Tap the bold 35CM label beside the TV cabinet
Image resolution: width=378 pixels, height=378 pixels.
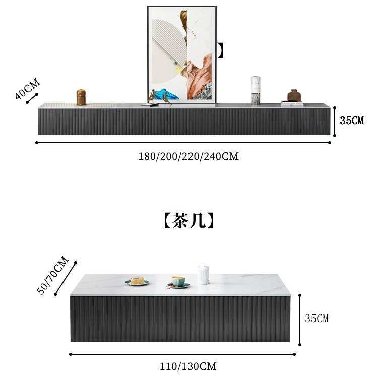click(351, 121)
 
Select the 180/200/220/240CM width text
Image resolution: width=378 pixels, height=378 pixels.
click(188, 156)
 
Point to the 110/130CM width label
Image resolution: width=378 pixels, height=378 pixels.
click(188, 366)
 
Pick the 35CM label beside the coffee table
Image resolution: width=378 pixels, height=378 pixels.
click(317, 319)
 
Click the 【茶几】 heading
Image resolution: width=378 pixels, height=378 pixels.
click(188, 220)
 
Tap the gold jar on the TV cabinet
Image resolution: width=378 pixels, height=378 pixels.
click(81, 97)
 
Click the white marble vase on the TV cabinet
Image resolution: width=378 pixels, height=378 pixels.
click(256, 91)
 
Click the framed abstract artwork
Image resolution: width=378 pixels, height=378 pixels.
click(181, 53)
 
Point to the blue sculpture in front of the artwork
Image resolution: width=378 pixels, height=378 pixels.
click(165, 95)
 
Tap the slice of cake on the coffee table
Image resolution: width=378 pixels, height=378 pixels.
click(137, 281)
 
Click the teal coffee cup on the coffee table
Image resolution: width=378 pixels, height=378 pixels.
click(178, 281)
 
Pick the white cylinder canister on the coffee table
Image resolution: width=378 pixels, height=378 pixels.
click(203, 275)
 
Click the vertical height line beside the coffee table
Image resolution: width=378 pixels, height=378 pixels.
click(300, 320)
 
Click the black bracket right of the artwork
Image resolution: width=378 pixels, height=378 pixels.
click(220, 50)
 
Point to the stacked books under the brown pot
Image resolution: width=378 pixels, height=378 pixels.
click(292, 103)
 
